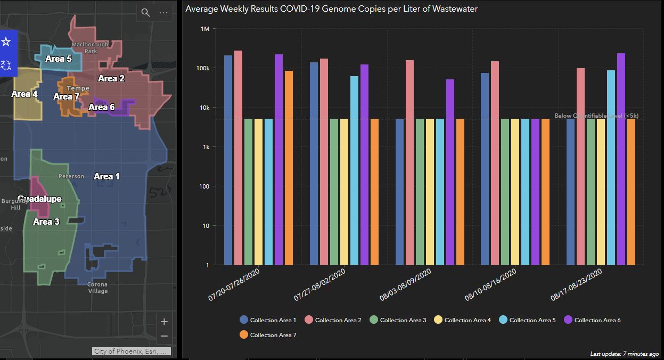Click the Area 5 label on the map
58,59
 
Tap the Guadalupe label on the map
39,199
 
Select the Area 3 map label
46,222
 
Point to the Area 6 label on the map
101,107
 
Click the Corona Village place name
97,288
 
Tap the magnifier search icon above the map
145,13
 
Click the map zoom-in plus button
164,322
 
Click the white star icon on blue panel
6,42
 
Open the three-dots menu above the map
163,13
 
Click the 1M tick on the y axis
204,29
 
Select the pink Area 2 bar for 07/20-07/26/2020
238,158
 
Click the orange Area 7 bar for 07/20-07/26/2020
289,168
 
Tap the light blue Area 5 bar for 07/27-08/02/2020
354,170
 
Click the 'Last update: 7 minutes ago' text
625,354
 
